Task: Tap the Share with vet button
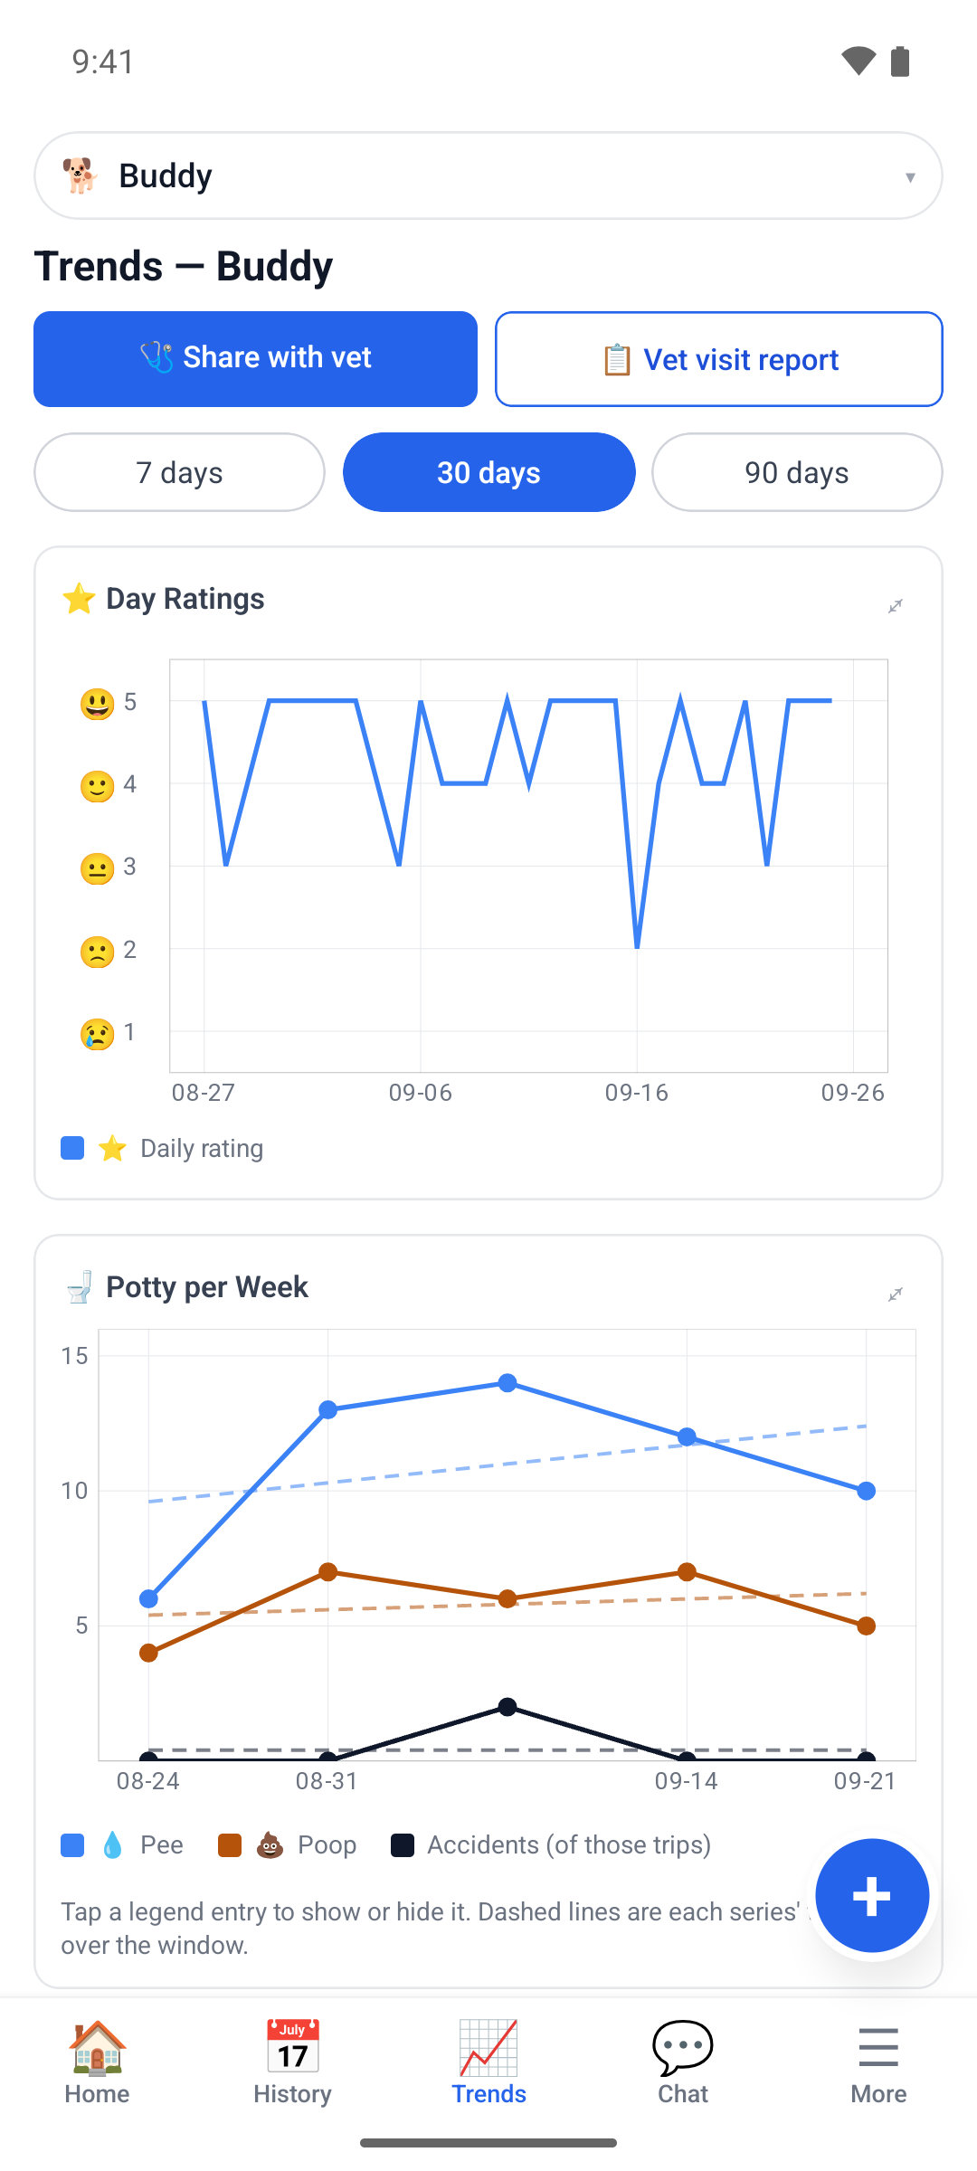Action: (255, 359)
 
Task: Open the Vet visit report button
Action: (719, 359)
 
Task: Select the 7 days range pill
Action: (179, 472)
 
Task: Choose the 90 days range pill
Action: (797, 472)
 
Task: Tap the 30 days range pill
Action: (488, 472)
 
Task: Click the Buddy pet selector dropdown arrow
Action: (910, 177)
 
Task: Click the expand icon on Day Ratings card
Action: (896, 606)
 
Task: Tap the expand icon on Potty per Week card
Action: (896, 1294)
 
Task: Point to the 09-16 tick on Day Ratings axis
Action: (637, 1093)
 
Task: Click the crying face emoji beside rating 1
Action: (97, 1033)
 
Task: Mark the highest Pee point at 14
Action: (507, 1383)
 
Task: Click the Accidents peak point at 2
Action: (507, 1707)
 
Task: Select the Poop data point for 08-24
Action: (148, 1653)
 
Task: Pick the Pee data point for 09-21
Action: (866, 1491)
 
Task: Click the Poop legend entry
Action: (288, 1845)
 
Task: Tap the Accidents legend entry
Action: (551, 1845)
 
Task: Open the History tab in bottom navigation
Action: (292, 2062)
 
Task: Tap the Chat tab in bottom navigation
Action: (683, 2062)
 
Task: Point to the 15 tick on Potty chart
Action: (75, 1356)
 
